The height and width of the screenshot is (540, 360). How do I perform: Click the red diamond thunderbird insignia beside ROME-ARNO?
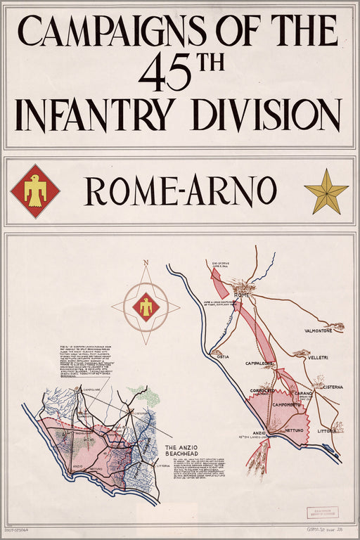tap(35, 191)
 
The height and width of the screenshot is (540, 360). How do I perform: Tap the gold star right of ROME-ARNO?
tap(326, 191)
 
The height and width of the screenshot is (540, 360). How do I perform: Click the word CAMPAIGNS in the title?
tap(112, 32)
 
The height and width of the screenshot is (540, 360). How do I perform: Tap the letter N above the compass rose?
tap(146, 264)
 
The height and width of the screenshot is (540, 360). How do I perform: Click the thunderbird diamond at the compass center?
tap(146, 307)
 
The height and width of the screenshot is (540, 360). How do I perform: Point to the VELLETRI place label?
tap(317, 358)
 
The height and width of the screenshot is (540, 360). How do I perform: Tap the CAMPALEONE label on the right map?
tap(259, 364)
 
